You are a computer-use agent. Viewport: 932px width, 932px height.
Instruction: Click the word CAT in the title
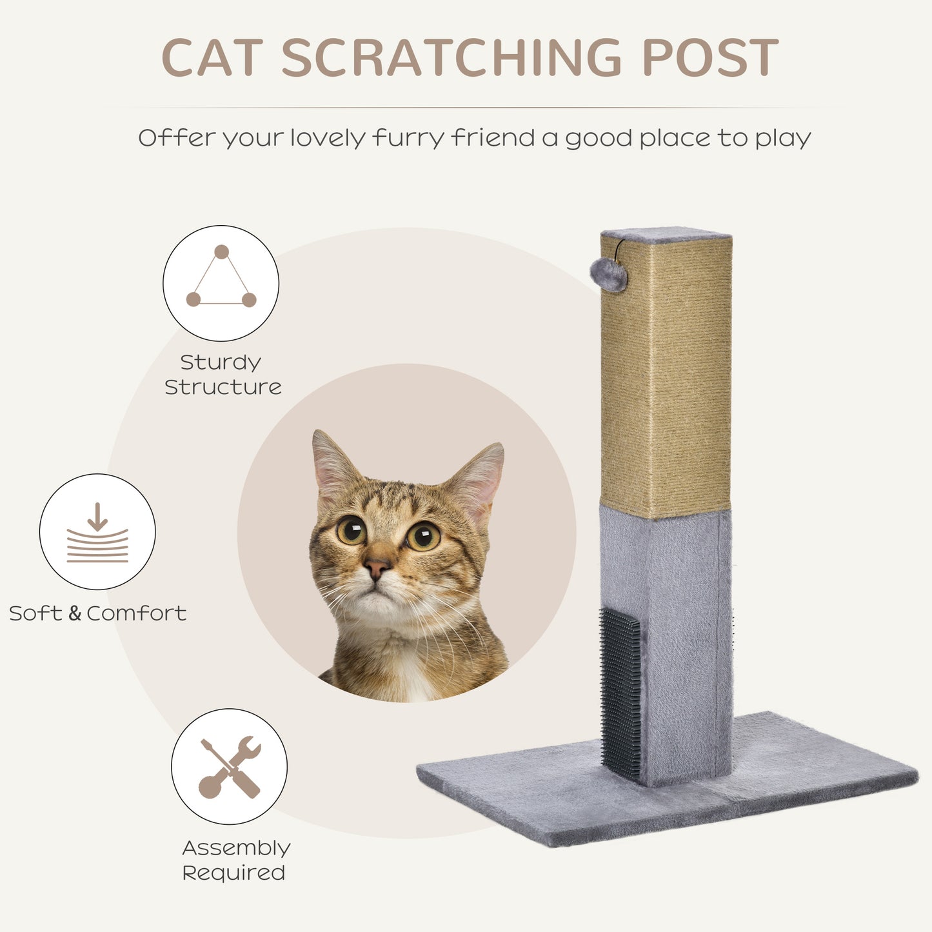212,59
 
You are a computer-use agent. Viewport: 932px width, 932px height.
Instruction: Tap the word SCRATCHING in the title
451,59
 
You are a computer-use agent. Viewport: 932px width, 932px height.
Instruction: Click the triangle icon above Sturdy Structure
221,283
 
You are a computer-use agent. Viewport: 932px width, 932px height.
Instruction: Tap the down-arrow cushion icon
97,532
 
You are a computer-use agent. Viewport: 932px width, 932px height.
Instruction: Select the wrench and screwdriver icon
230,767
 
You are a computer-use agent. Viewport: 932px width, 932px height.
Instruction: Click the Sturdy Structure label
223,374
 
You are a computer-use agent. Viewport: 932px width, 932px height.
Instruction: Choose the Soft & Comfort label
97,613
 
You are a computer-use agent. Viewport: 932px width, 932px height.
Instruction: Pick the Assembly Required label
235,860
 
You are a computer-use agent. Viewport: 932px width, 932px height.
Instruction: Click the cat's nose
377,568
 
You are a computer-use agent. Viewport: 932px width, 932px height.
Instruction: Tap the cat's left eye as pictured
351,530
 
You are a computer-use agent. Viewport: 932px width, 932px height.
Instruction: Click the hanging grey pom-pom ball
608,275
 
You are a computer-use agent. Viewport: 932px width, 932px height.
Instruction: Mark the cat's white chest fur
413,677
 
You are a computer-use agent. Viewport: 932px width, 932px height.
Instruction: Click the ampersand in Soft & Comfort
75,613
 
